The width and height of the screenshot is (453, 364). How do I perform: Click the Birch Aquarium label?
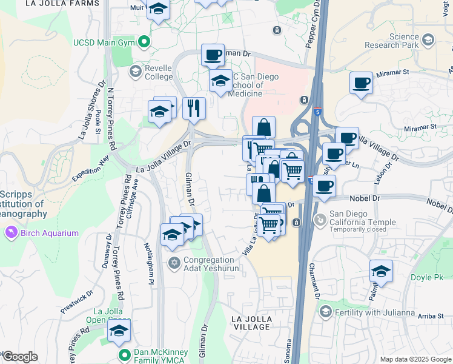pos(51,233)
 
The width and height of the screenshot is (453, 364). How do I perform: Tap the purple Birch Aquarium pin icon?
pos(11,232)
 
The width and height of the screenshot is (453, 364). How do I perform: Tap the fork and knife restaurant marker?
pos(194,108)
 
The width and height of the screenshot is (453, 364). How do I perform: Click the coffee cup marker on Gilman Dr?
pos(213,55)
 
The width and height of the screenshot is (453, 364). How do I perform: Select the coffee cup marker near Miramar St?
pos(362,83)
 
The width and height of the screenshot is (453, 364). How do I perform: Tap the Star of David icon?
pos(174,263)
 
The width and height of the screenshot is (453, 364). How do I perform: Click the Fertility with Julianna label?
pos(375,312)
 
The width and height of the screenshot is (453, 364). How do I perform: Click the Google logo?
pos(20,357)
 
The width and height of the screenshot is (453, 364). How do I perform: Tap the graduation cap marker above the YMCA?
pos(119,331)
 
